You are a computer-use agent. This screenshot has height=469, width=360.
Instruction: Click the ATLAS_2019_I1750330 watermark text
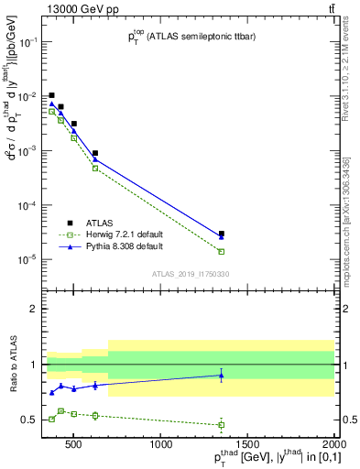coord(191,274)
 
